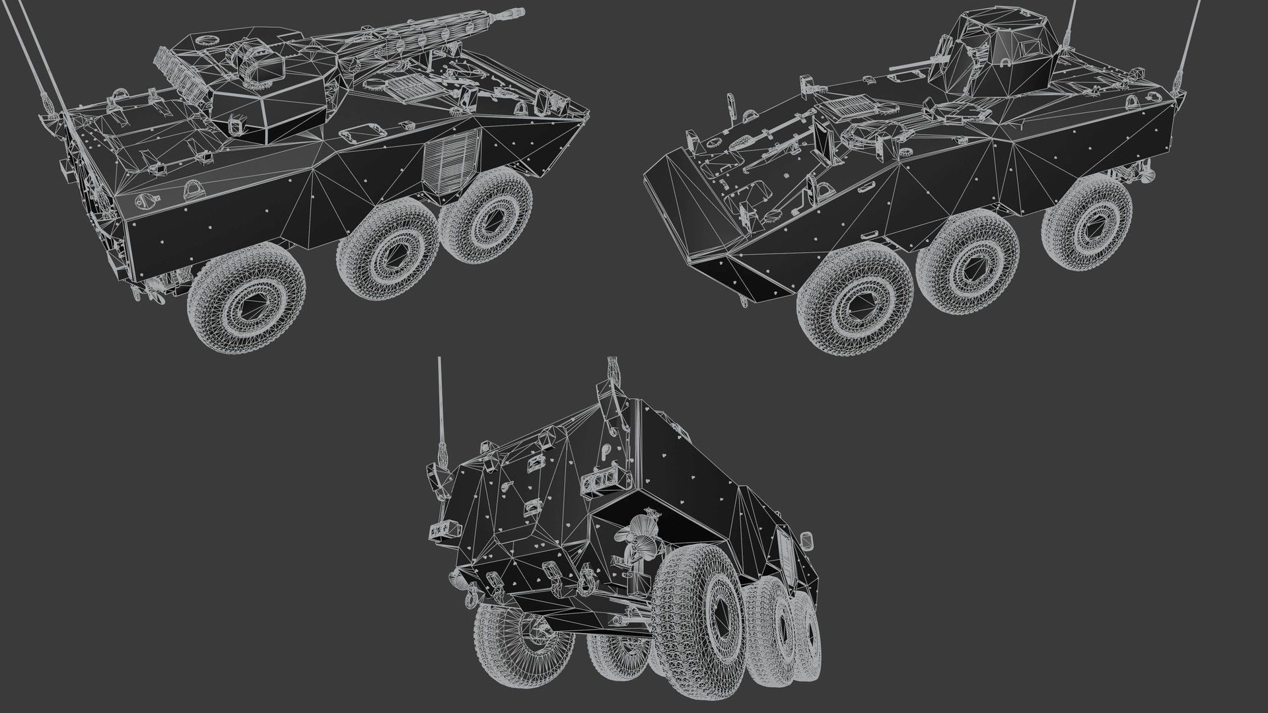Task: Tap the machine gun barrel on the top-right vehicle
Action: tap(908, 66)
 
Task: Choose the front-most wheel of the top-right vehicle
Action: tap(855, 301)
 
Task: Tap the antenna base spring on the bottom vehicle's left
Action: tap(441, 456)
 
